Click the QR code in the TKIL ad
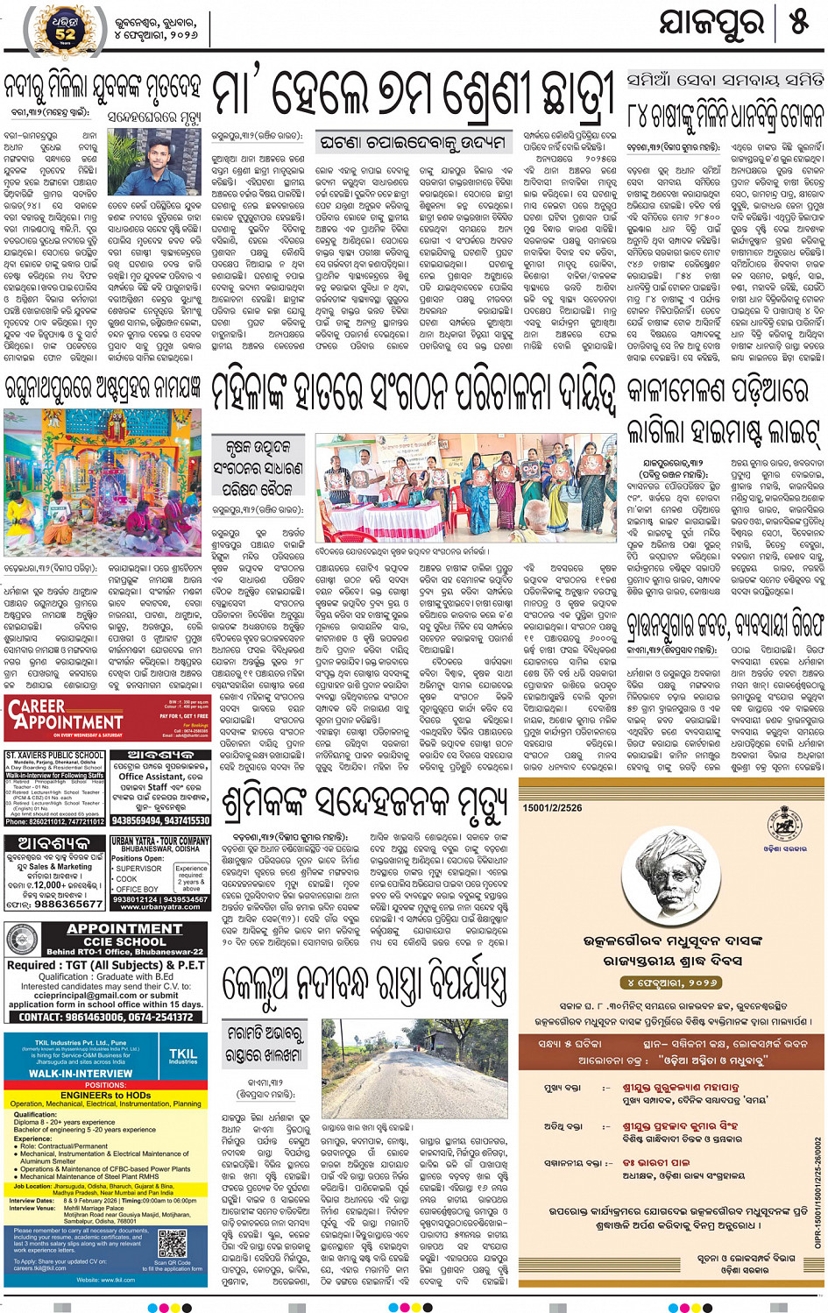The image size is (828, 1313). point(173,1245)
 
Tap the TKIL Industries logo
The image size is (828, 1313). point(182,1055)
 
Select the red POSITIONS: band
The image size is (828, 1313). point(105,1084)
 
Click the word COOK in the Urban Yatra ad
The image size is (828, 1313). point(127,878)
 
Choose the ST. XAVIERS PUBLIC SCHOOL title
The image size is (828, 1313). point(54,755)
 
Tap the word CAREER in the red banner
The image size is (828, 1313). point(37,706)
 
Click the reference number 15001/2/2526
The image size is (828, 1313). point(552,808)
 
